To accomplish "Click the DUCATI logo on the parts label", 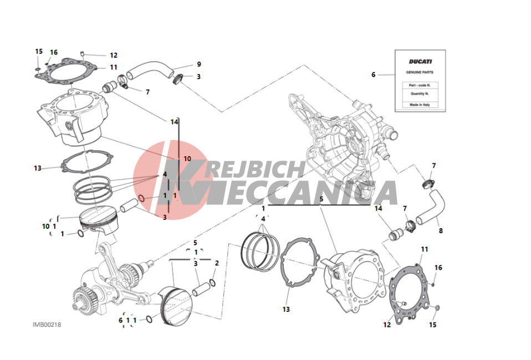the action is tap(420, 61).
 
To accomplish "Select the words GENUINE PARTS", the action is tap(420, 72).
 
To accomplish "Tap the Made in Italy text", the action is tap(420, 105).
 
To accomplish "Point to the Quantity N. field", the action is tap(420, 94).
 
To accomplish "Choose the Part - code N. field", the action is tap(420, 85).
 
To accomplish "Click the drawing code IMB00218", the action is tap(47, 325).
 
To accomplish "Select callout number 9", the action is tap(199, 64).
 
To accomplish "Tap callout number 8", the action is tap(441, 231).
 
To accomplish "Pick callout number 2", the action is tap(217, 263).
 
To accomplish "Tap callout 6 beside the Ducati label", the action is tap(373, 74).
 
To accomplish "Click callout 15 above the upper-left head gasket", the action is tap(39, 52).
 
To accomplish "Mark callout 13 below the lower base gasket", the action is tap(286, 309).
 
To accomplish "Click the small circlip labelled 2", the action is tap(213, 282).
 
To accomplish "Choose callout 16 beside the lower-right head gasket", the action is tap(438, 268).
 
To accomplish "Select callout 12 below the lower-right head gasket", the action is tap(387, 325).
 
